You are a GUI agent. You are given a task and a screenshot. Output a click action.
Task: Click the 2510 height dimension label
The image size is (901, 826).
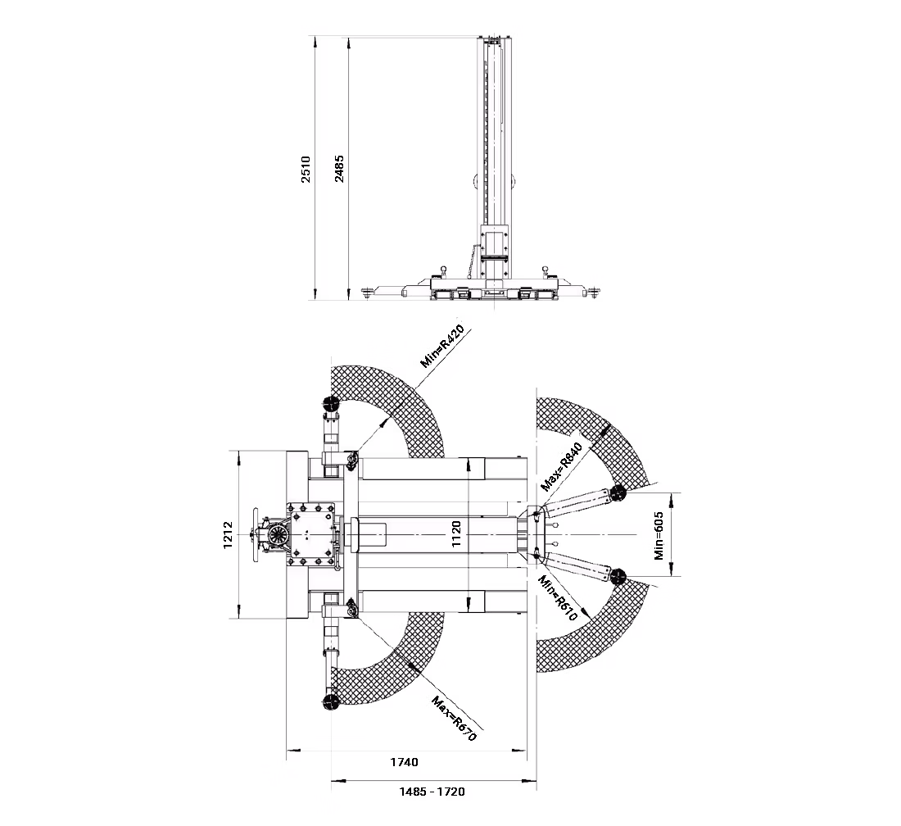[x=306, y=169]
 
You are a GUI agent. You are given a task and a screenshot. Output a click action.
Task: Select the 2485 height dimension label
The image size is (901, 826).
[x=339, y=169]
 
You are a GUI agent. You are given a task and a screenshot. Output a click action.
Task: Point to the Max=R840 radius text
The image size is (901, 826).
[x=562, y=467]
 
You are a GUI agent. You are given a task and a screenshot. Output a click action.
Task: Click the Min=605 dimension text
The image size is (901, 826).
[x=659, y=535]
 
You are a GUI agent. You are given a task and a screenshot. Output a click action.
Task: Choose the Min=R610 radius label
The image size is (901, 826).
[x=557, y=598]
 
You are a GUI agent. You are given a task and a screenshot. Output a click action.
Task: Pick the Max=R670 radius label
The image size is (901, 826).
[x=454, y=719]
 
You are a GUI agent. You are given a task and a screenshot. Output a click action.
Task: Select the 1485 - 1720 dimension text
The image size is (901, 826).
[x=432, y=792]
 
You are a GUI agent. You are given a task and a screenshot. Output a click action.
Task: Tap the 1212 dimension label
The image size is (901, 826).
[x=228, y=534]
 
